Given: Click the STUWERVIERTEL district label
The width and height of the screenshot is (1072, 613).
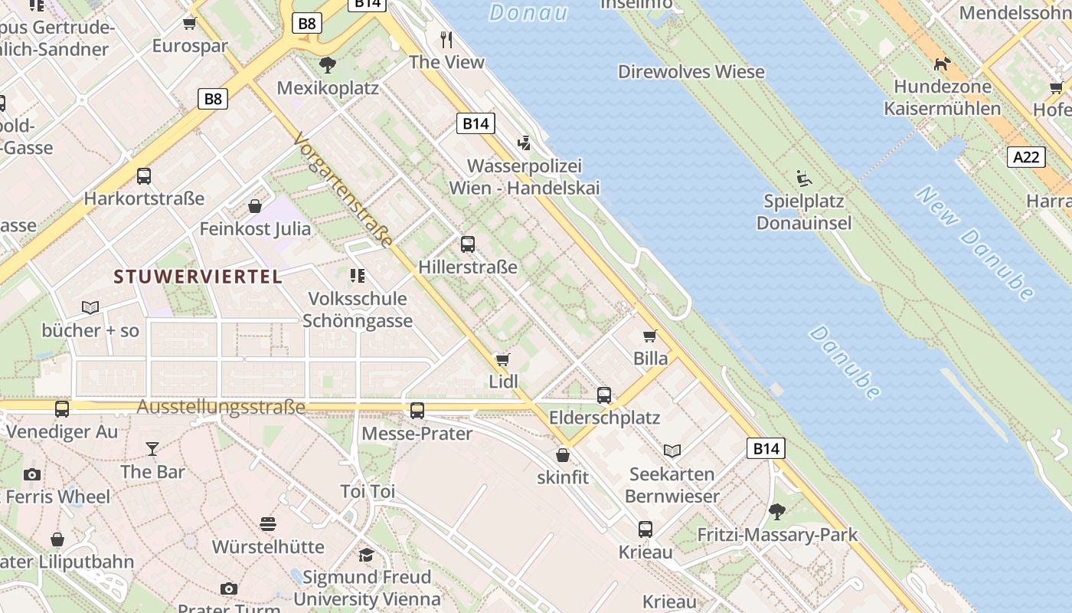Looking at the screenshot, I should [x=198, y=277].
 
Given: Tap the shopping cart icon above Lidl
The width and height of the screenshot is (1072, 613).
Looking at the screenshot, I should [x=503, y=359].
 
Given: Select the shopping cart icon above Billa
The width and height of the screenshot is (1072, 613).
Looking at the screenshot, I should [x=650, y=336].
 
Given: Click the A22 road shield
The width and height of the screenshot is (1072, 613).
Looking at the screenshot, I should [x=1025, y=157].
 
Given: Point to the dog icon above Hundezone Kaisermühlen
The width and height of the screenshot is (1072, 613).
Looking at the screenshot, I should [x=942, y=64].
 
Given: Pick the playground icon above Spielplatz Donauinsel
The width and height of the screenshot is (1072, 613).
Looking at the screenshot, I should [x=803, y=179].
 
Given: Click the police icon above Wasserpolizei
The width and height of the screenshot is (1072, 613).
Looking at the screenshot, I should [x=525, y=143].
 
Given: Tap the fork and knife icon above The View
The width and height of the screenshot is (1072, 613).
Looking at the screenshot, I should [x=447, y=39].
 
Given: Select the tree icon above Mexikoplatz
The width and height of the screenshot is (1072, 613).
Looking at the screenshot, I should [x=328, y=65].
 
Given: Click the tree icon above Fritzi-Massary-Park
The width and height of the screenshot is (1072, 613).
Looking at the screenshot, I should [x=777, y=511].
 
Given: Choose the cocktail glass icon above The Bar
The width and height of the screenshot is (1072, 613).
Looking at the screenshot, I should [x=152, y=448].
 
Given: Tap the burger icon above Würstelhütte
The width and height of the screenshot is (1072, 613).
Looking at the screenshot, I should [x=268, y=524].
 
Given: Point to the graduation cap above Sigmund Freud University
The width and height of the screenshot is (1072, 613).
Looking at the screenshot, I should [x=367, y=554].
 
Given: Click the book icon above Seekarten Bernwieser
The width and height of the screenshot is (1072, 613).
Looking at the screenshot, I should [x=672, y=451].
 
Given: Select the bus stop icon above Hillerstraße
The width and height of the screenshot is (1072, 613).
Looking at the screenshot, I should [x=467, y=244].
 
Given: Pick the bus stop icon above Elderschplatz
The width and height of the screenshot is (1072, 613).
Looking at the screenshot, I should [x=604, y=395].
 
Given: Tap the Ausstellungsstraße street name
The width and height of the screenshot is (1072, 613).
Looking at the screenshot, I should [x=221, y=407].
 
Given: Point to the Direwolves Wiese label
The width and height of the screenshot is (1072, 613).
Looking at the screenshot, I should [x=691, y=72].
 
